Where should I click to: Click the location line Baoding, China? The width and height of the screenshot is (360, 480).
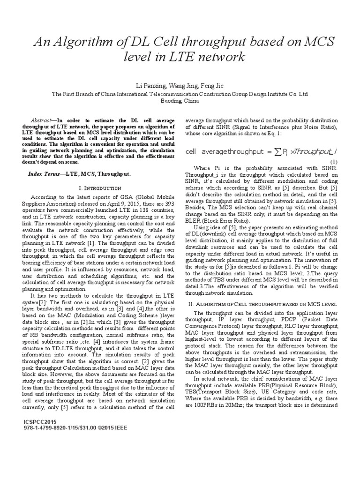180,100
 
